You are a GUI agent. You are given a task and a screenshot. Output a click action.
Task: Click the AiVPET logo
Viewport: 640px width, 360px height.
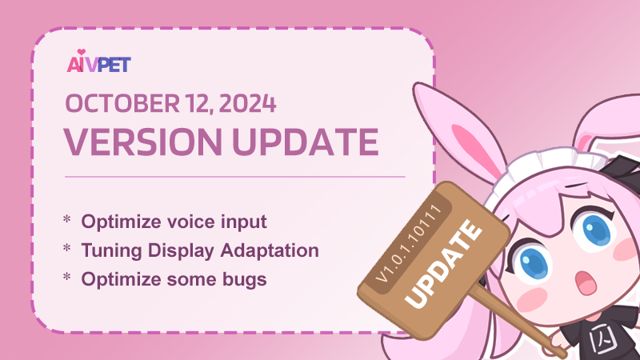point(98,62)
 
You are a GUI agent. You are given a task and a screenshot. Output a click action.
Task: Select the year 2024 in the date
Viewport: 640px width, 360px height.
point(247,103)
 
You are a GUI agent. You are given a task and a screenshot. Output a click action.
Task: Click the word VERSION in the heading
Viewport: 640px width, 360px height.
point(142,142)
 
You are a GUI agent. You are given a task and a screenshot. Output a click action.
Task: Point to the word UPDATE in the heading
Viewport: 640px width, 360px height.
point(306,142)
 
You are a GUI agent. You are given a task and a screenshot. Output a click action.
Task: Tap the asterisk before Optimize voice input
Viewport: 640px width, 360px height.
point(67,219)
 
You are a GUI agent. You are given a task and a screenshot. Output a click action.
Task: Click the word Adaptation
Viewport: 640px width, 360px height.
point(270,250)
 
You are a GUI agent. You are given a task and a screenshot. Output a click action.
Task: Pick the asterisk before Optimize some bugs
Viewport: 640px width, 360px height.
point(67,277)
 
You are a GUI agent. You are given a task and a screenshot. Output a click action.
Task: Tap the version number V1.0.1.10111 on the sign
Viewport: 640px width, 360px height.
point(410,243)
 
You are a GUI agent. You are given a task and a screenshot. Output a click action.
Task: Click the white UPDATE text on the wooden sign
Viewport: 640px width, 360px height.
point(443,264)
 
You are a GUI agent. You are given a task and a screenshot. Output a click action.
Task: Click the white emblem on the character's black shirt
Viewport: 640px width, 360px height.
point(602,338)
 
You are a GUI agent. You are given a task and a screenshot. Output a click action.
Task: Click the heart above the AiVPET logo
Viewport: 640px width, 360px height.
point(82,52)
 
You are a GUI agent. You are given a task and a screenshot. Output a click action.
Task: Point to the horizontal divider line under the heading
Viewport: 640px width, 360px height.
point(234,177)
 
